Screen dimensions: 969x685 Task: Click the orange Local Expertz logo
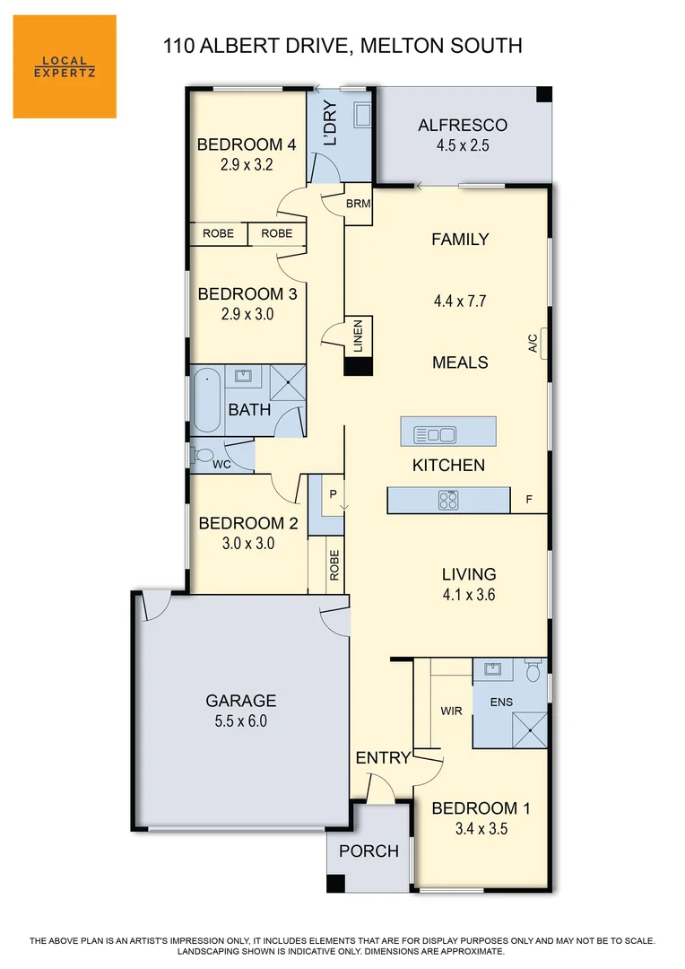(65, 66)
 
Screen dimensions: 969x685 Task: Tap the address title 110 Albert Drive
(342, 45)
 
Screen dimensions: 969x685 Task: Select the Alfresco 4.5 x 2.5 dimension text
(462, 145)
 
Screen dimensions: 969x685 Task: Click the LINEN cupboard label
(358, 336)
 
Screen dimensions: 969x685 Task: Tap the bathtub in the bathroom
(206, 399)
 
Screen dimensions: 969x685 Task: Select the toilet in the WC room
(202, 455)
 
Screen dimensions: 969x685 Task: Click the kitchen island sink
(434, 435)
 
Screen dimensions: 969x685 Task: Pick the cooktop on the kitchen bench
(448, 501)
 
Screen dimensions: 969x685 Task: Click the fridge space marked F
(528, 500)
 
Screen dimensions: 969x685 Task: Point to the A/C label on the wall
(532, 343)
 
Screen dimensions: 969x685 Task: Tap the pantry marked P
(332, 493)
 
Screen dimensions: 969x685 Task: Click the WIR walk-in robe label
(451, 711)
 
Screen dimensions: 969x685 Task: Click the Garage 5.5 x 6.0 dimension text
(240, 720)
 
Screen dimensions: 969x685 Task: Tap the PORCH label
(369, 851)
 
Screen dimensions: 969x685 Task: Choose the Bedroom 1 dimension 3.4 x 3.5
(481, 829)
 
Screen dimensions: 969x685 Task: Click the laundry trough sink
(362, 115)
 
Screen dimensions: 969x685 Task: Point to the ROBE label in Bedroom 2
(334, 565)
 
